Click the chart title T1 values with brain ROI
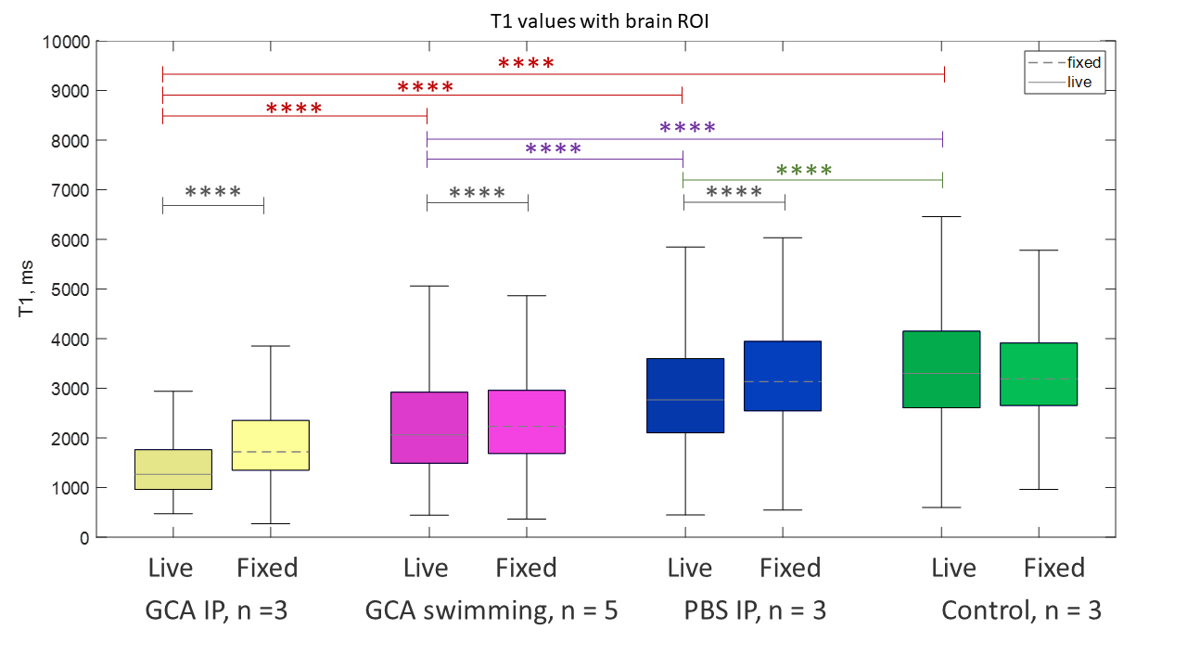593,19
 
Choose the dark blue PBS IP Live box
685,395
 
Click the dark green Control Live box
942,368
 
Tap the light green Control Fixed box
1039,374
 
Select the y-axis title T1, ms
28,289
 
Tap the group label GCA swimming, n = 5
491,611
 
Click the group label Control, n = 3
1021,611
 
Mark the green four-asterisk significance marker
804,171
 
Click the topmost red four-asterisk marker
526,64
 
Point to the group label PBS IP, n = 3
755,611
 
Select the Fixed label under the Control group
1053,568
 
